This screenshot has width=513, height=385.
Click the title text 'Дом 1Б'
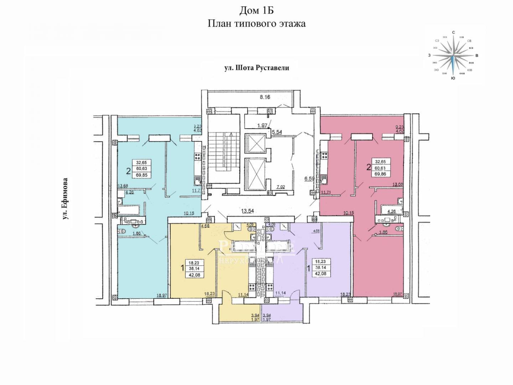pos(256,11)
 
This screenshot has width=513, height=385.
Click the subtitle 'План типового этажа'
pos(256,24)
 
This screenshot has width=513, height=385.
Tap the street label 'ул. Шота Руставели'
pos(256,68)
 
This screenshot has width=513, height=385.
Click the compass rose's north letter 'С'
pos(453,32)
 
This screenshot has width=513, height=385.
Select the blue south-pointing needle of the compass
pos(453,66)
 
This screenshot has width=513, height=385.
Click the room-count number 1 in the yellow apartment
pos(183,267)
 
